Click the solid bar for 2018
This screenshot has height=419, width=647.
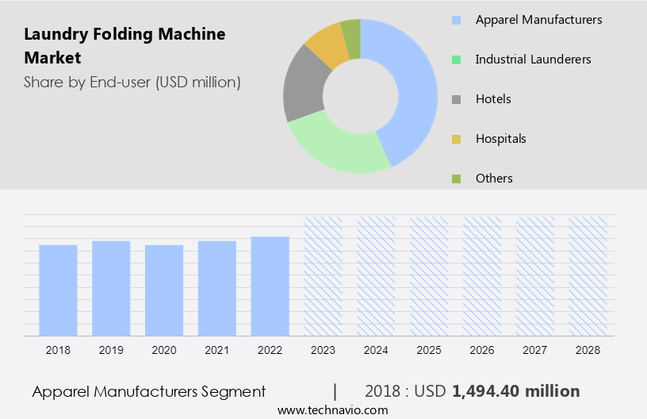[58, 290]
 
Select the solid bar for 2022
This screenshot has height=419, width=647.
[270, 286]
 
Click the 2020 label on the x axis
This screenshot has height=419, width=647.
[163, 349]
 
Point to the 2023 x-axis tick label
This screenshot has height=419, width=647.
[323, 349]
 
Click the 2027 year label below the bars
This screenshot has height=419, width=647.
[534, 349]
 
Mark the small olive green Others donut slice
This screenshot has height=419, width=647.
[350, 37]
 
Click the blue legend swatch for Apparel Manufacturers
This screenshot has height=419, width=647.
[456, 20]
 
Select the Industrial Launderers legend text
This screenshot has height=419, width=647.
[533, 60]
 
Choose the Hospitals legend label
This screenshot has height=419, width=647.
[500, 139]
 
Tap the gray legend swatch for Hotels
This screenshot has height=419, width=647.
[456, 99]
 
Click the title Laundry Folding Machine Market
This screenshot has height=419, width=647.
[124, 46]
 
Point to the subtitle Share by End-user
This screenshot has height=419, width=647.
[132, 82]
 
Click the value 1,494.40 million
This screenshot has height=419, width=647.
[515, 391]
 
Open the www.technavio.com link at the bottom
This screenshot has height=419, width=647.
[332, 410]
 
